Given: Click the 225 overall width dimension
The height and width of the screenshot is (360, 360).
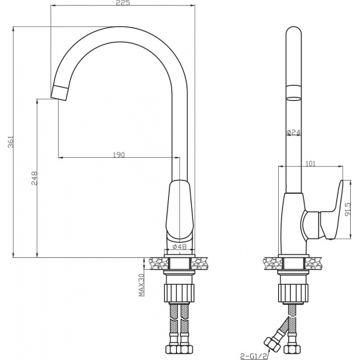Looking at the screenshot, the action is (123, 3).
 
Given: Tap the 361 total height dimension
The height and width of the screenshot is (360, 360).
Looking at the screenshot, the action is (10, 142).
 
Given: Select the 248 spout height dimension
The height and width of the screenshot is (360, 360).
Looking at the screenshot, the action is (34, 178).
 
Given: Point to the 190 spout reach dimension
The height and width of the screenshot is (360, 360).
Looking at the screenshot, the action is (119, 154).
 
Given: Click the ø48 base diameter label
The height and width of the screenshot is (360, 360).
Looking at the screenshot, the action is (179, 247).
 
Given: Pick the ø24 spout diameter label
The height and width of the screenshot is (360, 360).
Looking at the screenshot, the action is (294, 132).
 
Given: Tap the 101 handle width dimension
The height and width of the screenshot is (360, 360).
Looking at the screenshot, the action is (311, 164).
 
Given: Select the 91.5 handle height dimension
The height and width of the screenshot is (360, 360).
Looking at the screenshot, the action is (348, 209).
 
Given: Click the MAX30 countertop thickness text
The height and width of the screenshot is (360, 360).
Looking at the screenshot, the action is (141, 285).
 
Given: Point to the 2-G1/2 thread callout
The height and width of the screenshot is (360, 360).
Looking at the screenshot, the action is (253, 356).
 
